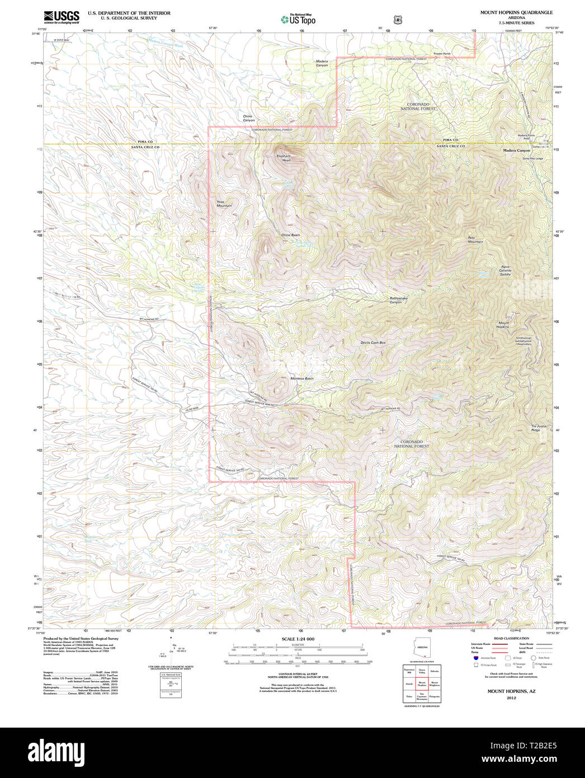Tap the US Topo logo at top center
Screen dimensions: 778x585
pos(299,20)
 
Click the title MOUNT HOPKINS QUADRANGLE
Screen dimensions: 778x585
pos(516,12)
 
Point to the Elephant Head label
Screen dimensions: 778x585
pos(284,158)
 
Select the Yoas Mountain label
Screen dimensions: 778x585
pos(224,204)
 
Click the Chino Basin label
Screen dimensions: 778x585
pos(290,235)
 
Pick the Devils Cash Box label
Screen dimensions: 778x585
pos(373,343)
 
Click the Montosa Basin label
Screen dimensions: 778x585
pos(301,378)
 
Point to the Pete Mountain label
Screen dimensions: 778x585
pos(475,240)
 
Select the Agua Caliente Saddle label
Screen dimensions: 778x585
pos(505,270)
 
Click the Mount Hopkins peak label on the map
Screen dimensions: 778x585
pos(504,325)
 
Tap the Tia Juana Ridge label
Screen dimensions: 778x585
pos(539,428)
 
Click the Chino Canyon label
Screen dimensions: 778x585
pos(248,118)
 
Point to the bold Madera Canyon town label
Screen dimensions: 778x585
pos(516,151)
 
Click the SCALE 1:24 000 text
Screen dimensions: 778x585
pos(298,639)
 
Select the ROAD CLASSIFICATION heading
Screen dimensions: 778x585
pos(511,639)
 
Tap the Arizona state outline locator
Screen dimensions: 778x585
pos(422,646)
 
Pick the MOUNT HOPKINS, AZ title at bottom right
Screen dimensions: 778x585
pos(511,691)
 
